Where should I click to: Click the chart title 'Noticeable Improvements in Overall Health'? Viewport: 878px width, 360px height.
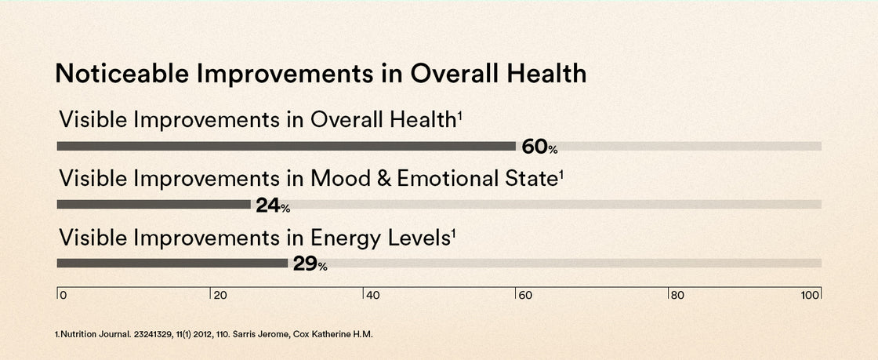(321, 75)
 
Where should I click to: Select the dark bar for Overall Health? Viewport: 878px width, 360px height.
(286, 146)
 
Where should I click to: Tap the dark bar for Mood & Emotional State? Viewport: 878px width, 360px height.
(154, 205)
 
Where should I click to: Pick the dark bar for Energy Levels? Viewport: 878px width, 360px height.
(172, 264)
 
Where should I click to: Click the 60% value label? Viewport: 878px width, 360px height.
(540, 147)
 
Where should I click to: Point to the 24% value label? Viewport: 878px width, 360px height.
(274, 206)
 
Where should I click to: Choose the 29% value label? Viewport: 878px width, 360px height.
(310, 264)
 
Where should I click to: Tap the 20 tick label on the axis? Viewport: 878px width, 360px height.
(220, 295)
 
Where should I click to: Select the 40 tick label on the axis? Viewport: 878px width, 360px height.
(373, 295)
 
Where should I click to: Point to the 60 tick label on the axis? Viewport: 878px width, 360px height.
(526, 295)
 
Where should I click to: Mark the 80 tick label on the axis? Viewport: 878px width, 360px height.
(677, 295)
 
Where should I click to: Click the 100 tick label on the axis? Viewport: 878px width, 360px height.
(810, 295)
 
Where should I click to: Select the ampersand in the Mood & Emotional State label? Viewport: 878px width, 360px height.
(382, 179)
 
